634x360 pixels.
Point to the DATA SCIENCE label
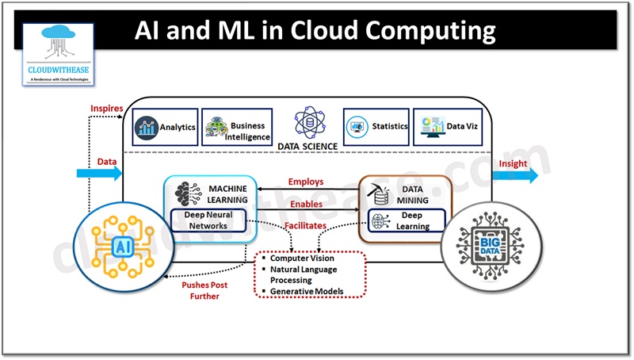tap(307, 146)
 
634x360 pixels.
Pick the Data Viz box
tap(449, 127)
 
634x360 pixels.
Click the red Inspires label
tap(106, 107)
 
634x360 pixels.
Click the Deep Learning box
tap(405, 220)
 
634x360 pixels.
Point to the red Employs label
tap(306, 182)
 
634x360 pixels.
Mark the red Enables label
tap(306, 204)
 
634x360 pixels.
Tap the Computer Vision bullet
tap(302, 259)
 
